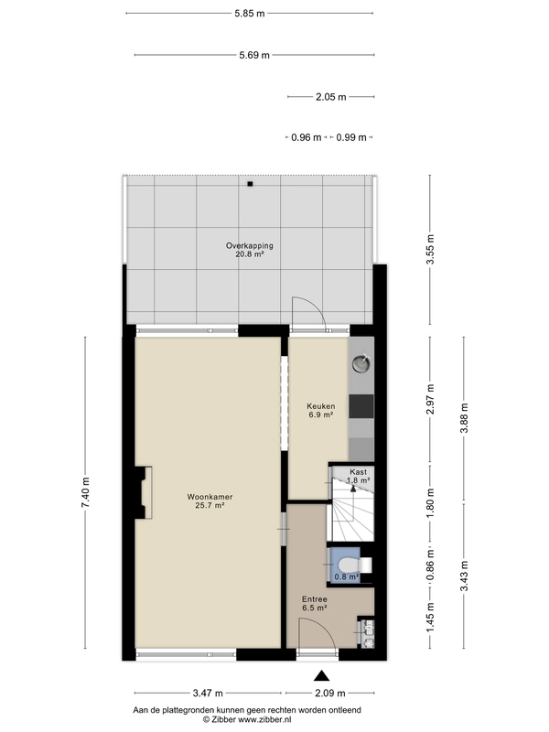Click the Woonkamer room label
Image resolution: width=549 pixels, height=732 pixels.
pos(210,497)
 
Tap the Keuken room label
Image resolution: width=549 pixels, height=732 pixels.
pos(321,406)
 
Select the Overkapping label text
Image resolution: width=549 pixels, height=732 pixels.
pos(249,245)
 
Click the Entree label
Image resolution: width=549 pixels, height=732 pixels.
pos(314,599)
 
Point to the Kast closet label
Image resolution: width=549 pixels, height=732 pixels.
pos(358,472)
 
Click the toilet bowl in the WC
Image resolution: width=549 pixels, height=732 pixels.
pos(350,565)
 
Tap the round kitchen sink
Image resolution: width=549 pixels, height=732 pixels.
pos(361,363)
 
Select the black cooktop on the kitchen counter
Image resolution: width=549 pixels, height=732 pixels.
pos(361,406)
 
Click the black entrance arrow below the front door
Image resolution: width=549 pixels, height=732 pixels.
pos(321,675)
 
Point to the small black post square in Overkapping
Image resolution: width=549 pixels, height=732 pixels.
pos(250,184)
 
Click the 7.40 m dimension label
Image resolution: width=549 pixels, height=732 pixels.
pos(85,492)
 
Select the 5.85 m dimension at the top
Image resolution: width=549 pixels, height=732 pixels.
pos(250,13)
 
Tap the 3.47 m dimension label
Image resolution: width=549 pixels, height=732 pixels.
pos(208,694)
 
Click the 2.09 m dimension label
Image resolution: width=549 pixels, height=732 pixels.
pos(330,694)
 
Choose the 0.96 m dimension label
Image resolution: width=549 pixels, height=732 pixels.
pos(307,137)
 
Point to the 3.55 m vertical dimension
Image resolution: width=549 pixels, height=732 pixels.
pos(430,249)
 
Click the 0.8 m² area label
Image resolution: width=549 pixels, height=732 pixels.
pos(347,577)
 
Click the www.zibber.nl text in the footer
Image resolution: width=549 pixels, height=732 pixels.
pos(264,719)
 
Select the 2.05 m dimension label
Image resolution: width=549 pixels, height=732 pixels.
pos(331,97)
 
